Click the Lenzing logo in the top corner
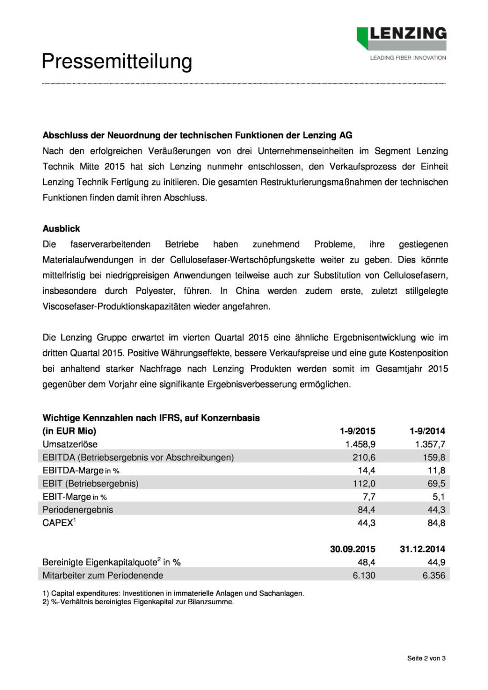[x=402, y=38]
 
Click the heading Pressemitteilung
[x=117, y=62]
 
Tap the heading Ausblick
[x=61, y=229]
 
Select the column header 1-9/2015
[x=357, y=431]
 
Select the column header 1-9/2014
[x=427, y=431]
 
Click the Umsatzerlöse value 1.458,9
[x=360, y=444]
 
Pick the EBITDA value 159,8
[x=434, y=457]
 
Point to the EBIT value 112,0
[x=364, y=483]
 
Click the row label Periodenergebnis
[x=78, y=510]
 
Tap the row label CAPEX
[x=58, y=523]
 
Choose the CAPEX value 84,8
[x=436, y=523]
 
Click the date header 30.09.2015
[x=352, y=549]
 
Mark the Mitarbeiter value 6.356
[x=434, y=575]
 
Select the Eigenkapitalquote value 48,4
[x=366, y=562]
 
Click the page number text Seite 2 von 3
[x=426, y=658]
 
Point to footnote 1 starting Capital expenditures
[x=173, y=593]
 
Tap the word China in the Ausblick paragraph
[x=247, y=291]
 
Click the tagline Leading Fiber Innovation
[x=408, y=58]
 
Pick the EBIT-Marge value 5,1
[x=439, y=497]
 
